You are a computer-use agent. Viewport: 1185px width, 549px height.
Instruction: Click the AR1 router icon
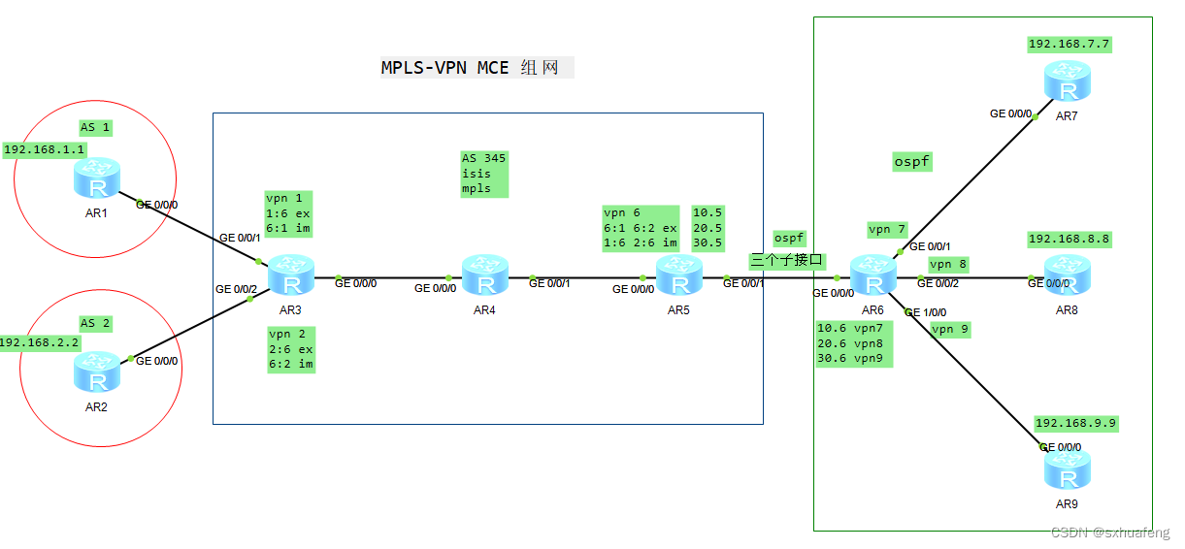96,178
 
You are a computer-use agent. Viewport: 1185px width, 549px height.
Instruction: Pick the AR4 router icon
484,275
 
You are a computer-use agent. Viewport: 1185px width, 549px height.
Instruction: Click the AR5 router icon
678,275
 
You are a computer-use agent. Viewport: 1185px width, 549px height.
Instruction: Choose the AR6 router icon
873,275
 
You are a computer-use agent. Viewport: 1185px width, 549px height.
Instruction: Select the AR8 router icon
1068,275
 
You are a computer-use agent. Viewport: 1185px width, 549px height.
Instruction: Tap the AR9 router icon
1067,469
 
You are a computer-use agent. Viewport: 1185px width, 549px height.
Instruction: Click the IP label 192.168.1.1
45,150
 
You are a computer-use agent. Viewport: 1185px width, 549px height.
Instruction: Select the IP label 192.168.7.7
1069,44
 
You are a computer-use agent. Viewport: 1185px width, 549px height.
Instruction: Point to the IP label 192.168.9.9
1076,423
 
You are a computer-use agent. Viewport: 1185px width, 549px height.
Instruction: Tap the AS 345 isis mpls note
484,174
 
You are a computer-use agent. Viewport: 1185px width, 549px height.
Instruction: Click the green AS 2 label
95,323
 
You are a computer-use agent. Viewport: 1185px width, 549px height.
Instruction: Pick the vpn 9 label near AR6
950,329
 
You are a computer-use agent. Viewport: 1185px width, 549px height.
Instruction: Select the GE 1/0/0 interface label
925,312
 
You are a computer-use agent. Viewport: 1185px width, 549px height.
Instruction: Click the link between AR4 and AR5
582,277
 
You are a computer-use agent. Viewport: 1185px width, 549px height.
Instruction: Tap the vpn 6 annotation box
641,228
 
